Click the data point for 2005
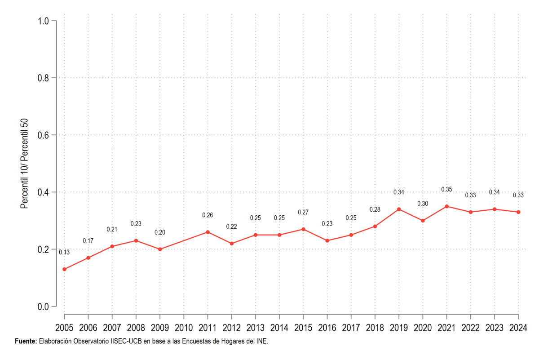click(64, 269)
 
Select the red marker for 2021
click(446, 206)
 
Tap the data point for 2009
click(160, 249)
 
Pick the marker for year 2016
click(327, 240)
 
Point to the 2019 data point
click(399, 209)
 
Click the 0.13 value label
click(64, 252)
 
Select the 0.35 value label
click(446, 189)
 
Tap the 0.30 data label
click(423, 204)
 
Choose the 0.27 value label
click(303, 212)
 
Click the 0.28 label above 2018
click(375, 209)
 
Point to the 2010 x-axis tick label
click(184, 328)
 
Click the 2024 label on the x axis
click(518, 328)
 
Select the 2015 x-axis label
click(303, 328)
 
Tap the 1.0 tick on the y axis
click(43, 21)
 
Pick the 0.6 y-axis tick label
click(43, 135)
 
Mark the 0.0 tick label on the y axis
click(43, 307)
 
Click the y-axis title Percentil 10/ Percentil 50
click(24, 164)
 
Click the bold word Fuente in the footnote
click(26, 341)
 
